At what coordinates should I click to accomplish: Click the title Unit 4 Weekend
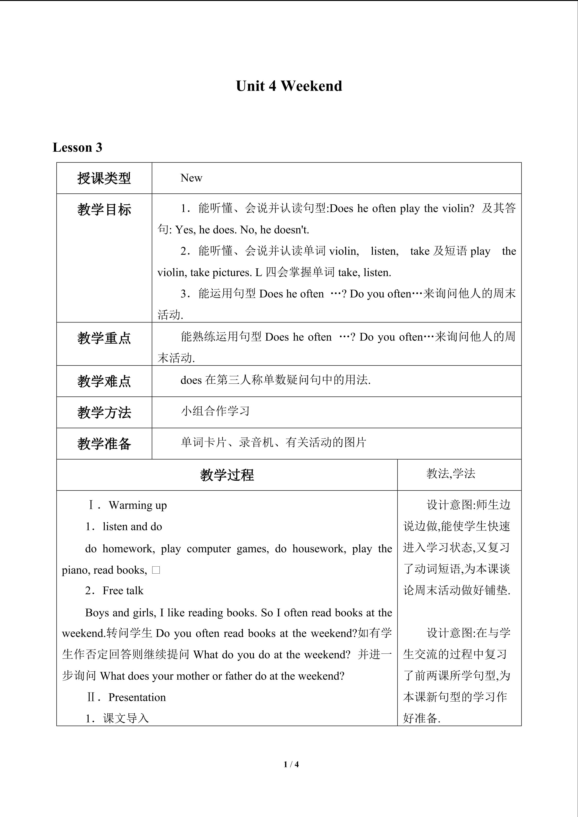coord(289,86)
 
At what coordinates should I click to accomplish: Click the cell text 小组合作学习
coord(215,411)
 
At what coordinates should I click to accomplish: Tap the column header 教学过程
coord(227,475)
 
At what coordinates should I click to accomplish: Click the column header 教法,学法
coord(451,474)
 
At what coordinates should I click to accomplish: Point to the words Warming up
coord(138,505)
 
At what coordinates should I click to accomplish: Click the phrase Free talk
coord(123,591)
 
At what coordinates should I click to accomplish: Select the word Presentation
coord(137,697)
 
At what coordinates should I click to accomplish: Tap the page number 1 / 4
coord(291,764)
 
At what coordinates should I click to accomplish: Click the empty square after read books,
coord(156,570)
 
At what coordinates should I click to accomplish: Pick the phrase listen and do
coord(132,527)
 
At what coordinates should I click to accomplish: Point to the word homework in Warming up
coord(128,549)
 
